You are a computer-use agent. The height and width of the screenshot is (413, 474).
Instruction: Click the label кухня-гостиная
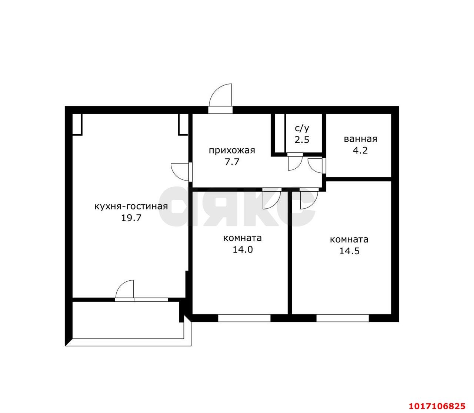click(131, 206)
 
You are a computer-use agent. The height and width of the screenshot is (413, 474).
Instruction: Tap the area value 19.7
click(131, 218)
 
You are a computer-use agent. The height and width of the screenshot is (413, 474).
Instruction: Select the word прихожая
click(232, 151)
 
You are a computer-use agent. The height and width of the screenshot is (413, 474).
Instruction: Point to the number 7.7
click(232, 162)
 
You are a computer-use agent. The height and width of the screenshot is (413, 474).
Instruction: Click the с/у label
click(302, 128)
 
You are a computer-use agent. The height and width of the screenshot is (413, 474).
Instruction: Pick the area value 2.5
click(302, 140)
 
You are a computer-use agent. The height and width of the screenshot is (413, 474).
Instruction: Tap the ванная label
click(360, 139)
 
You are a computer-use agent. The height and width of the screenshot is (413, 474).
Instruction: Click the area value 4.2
click(360, 151)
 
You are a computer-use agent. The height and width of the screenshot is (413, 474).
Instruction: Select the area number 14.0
click(243, 250)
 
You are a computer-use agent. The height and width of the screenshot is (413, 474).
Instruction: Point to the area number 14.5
click(349, 251)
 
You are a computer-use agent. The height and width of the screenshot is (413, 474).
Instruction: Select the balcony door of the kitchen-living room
click(124, 290)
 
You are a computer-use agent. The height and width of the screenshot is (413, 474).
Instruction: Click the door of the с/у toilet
click(295, 162)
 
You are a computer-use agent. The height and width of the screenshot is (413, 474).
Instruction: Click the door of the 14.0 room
click(272, 199)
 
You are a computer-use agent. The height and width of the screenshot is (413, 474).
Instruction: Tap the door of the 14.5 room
click(309, 199)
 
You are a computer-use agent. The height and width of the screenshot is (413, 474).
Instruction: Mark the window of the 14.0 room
click(244, 318)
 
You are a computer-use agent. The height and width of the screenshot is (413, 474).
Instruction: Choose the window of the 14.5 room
click(343, 318)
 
